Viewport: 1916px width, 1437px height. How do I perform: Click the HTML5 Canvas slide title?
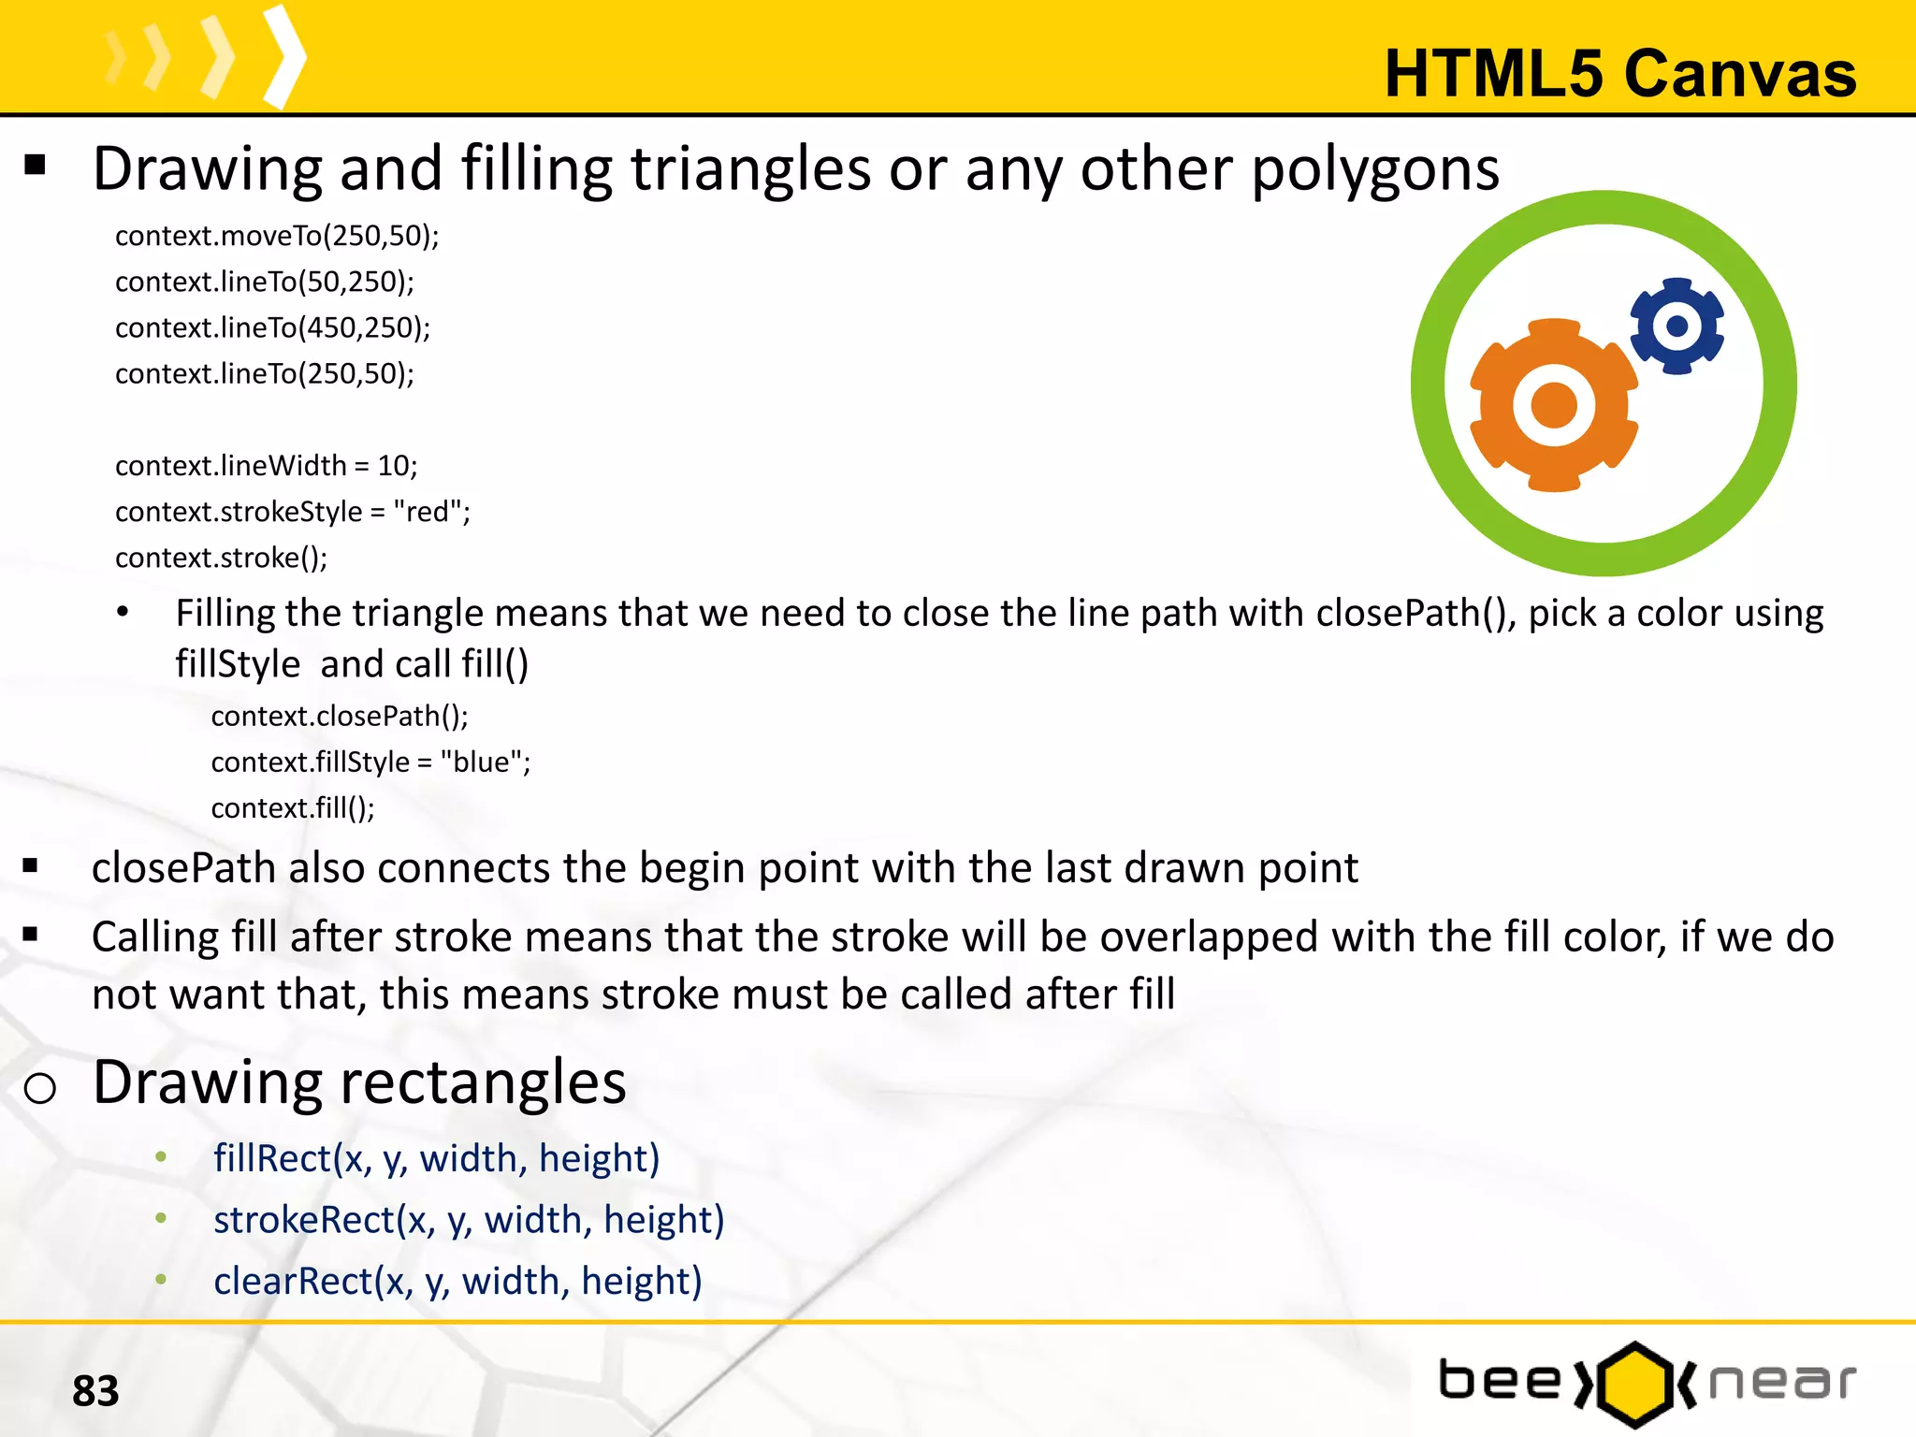coord(1619,73)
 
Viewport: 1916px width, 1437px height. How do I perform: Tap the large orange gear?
coord(1553,405)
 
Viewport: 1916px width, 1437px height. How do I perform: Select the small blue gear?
coord(1677,326)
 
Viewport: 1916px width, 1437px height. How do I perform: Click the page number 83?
coord(95,1391)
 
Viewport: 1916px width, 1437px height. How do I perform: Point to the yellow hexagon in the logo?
coord(1633,1384)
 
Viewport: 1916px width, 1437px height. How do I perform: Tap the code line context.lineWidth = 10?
coord(267,465)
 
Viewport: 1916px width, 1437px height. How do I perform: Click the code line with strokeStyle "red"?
coord(293,512)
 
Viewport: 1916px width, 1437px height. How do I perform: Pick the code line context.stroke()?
coord(222,558)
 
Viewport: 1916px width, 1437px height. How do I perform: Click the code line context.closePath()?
coord(340,716)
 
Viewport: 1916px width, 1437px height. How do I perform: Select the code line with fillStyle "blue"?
coord(370,762)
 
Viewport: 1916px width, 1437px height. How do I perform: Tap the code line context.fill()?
coord(293,807)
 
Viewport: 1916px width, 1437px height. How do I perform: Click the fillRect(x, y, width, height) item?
coord(437,1158)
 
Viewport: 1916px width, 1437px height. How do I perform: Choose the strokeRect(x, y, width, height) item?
coord(469,1220)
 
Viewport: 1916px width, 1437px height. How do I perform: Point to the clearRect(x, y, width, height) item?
coord(457,1281)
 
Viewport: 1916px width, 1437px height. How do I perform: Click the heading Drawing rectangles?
coord(359,1082)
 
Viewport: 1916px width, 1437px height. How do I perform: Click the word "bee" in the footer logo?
coord(1499,1381)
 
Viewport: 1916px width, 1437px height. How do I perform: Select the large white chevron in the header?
coord(284,56)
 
